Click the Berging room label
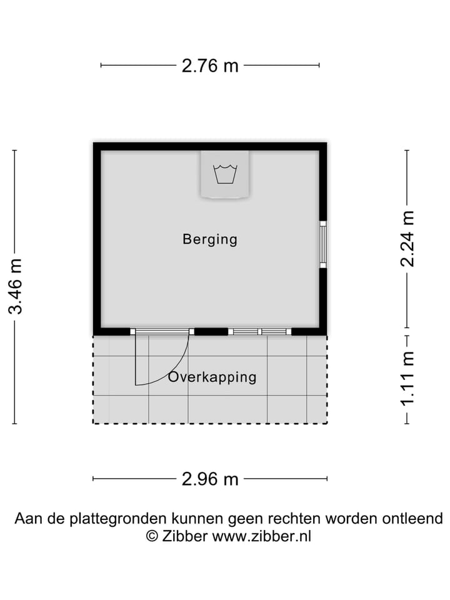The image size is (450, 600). coord(210,239)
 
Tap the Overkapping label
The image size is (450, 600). coord(212,377)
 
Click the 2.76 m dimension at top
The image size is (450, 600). coord(210,65)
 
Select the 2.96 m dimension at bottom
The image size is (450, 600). coord(210,479)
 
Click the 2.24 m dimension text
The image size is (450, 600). coord(407,238)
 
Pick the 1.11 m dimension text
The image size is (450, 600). coord(407,378)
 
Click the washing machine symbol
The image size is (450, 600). coord(225,174)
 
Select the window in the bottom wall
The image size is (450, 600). coord(259,332)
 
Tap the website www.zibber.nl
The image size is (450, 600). coord(262,536)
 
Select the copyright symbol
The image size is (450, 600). coord(152,536)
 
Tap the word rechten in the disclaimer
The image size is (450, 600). coord(292,519)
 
